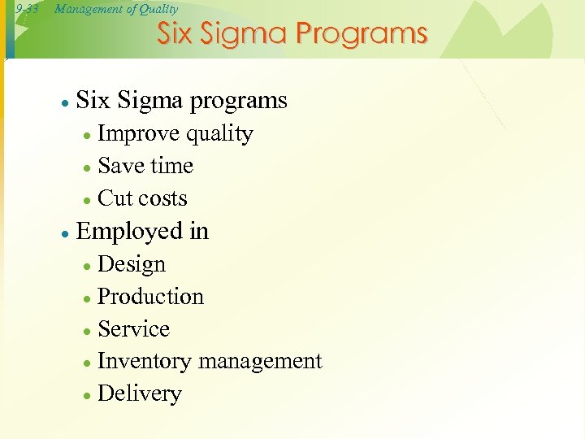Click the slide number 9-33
point(27,9)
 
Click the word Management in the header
point(84,9)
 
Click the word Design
point(132,264)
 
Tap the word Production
point(150,296)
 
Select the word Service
point(133,328)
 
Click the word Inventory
point(144,361)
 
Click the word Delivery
point(140,393)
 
